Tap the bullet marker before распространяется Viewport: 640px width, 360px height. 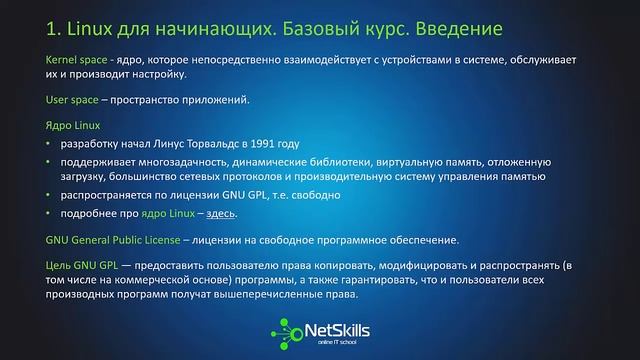click(x=50, y=197)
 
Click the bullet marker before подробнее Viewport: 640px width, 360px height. click(x=50, y=215)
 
